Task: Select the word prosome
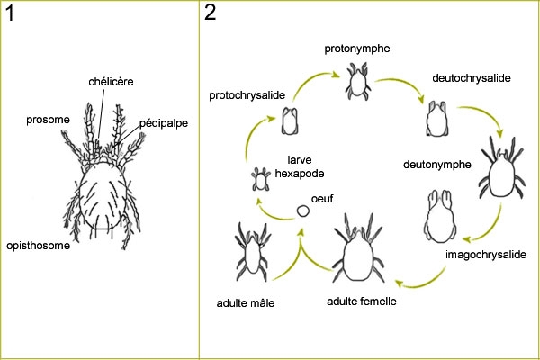click(47, 117)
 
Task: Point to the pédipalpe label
click(165, 123)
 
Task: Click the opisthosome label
click(39, 245)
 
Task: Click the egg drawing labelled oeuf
click(303, 211)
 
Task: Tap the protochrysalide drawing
click(291, 121)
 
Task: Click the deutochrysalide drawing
click(437, 118)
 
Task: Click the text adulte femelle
click(360, 301)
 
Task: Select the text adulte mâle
click(247, 303)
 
